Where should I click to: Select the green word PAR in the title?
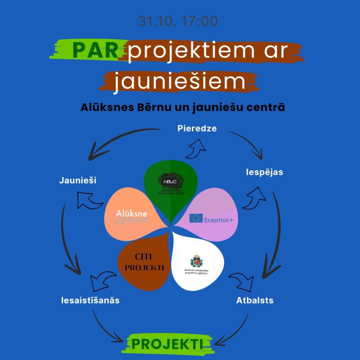coord(95,51)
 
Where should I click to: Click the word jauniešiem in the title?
coord(180,81)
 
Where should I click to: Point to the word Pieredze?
coord(197,128)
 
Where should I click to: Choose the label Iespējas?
coord(264,172)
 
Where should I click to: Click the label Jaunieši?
coord(78,181)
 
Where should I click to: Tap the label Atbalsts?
coord(255,301)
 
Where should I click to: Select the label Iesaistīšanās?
coord(90,301)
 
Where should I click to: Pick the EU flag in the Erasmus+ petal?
coord(196,219)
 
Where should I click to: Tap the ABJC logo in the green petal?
coord(170,181)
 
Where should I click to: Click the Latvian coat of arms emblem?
coord(196,261)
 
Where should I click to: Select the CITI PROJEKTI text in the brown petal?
coord(144,262)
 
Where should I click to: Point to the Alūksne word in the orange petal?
coord(131,213)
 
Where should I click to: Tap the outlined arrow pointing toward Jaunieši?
coord(87,200)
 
